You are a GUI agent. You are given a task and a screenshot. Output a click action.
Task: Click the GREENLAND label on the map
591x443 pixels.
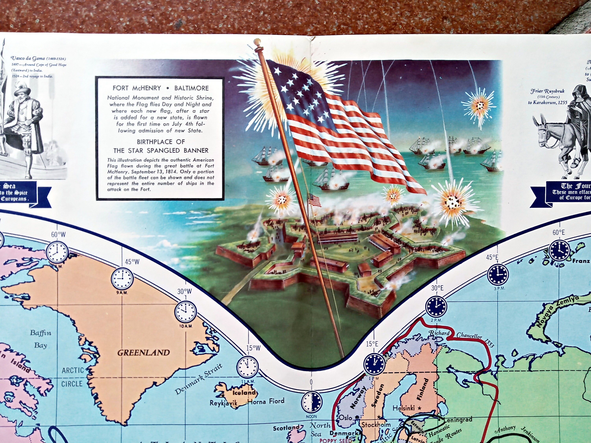point(143,352)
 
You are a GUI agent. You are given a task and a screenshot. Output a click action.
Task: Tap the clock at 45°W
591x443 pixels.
point(122,277)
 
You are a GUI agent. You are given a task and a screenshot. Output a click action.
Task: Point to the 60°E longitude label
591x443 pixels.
point(559,232)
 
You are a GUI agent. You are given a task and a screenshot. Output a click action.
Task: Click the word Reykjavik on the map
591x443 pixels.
point(224,411)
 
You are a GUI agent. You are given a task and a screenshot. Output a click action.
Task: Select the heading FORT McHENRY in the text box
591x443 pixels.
point(137,88)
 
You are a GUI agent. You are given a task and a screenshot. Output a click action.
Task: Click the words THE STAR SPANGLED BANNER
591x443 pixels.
point(161,150)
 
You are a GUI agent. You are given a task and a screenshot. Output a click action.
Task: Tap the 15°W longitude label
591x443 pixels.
point(253,348)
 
